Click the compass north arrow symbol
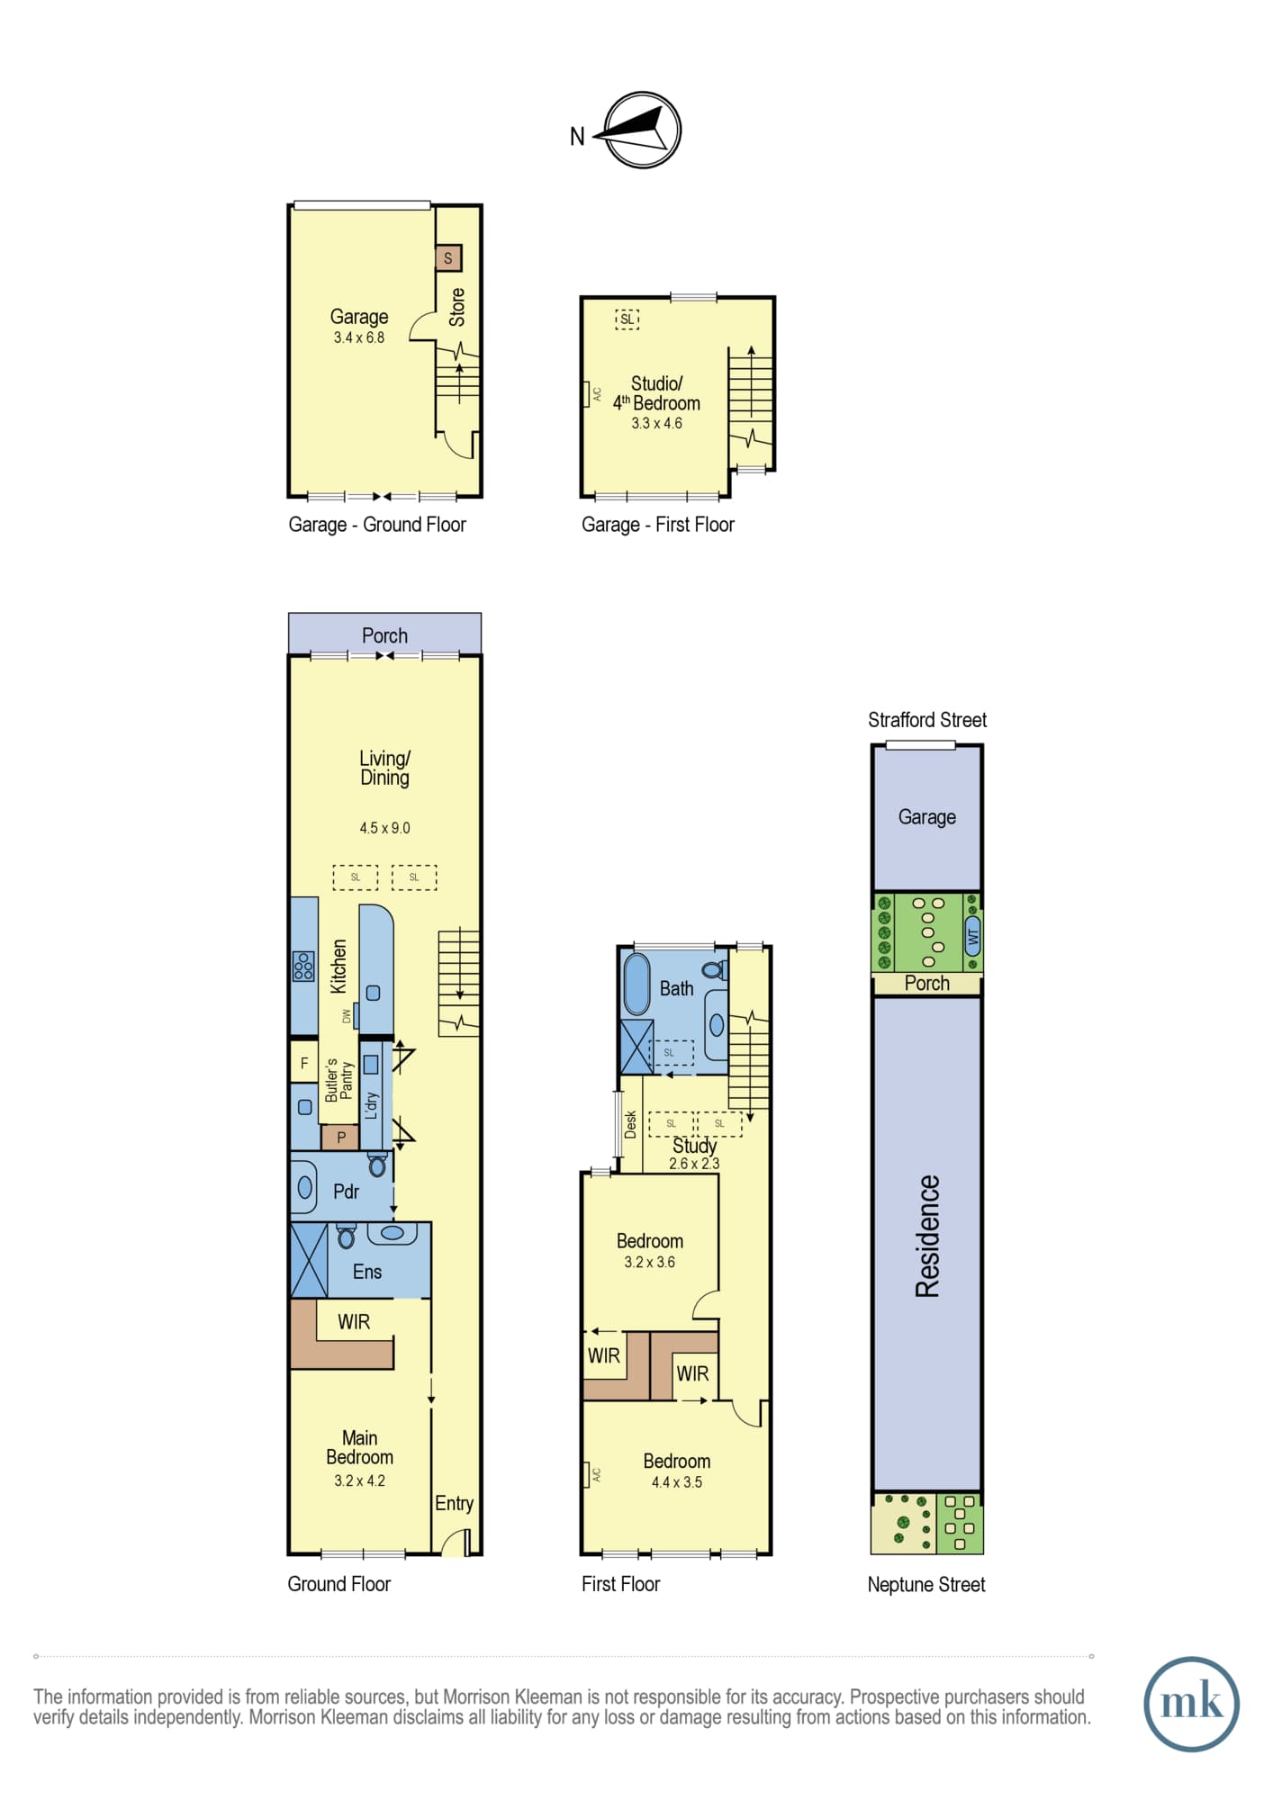click(x=642, y=130)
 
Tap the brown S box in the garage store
click(x=448, y=258)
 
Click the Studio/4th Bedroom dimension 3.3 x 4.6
click(x=656, y=423)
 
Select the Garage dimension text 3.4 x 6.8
click(x=358, y=337)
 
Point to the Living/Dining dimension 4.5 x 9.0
click(x=384, y=828)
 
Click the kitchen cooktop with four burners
click(x=303, y=966)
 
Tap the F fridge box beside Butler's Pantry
click(x=304, y=1063)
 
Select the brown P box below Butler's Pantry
click(x=340, y=1138)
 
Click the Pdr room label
click(x=346, y=1192)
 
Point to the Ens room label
click(x=367, y=1272)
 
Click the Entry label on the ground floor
click(x=454, y=1503)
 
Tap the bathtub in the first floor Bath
click(x=637, y=985)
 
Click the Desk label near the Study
click(x=630, y=1124)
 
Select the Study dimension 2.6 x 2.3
click(x=694, y=1164)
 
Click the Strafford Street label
click(x=927, y=720)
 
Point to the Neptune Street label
click(x=926, y=1585)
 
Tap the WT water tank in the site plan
click(x=972, y=936)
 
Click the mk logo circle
click(x=1191, y=1704)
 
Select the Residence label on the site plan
click(x=927, y=1236)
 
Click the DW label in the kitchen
click(x=346, y=1016)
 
